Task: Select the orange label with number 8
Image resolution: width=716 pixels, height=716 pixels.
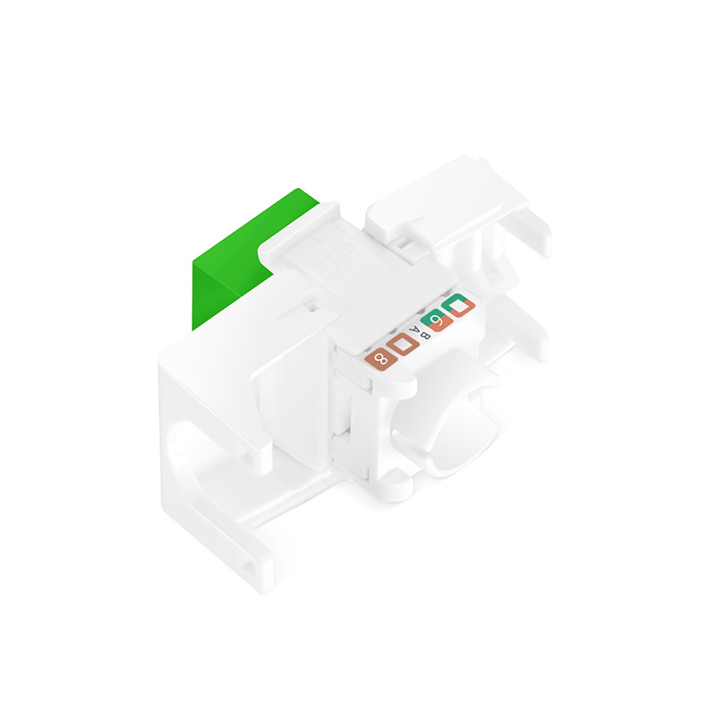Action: click(380, 359)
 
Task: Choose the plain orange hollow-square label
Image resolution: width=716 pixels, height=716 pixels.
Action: click(404, 345)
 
